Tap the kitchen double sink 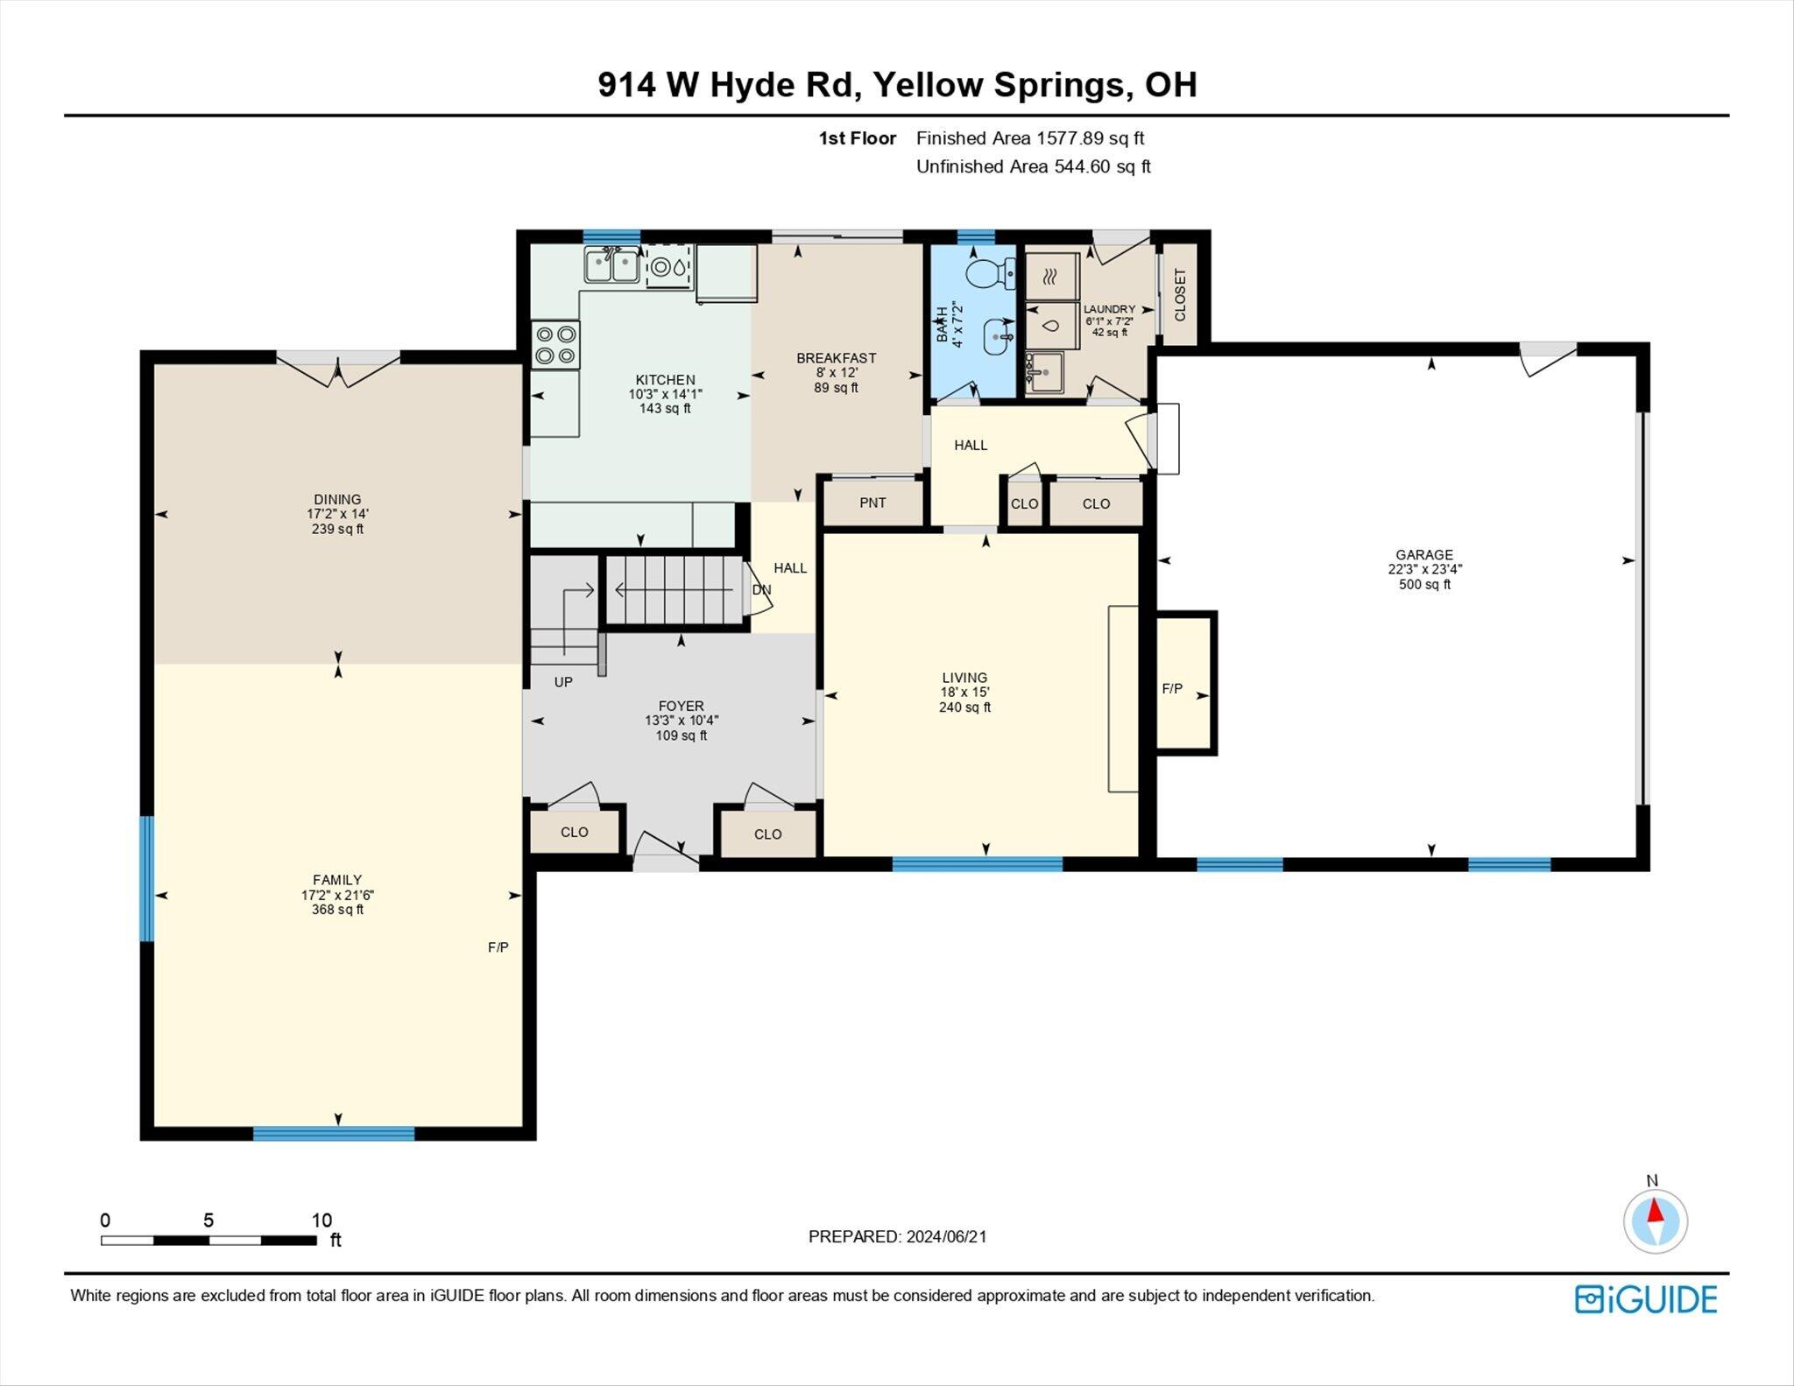612,264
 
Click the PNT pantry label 872,503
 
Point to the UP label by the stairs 563,681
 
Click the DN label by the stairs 762,589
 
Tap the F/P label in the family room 498,946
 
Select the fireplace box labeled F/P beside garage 1187,682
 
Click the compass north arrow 1656,1212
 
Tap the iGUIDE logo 1646,1299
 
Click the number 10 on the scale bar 321,1220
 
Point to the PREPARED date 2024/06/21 946,1236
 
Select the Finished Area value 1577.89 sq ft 1091,138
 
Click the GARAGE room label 1424,554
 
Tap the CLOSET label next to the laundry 1180,295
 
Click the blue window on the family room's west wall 147,878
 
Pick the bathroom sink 998,336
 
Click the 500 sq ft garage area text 1424,584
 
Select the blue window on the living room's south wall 978,864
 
